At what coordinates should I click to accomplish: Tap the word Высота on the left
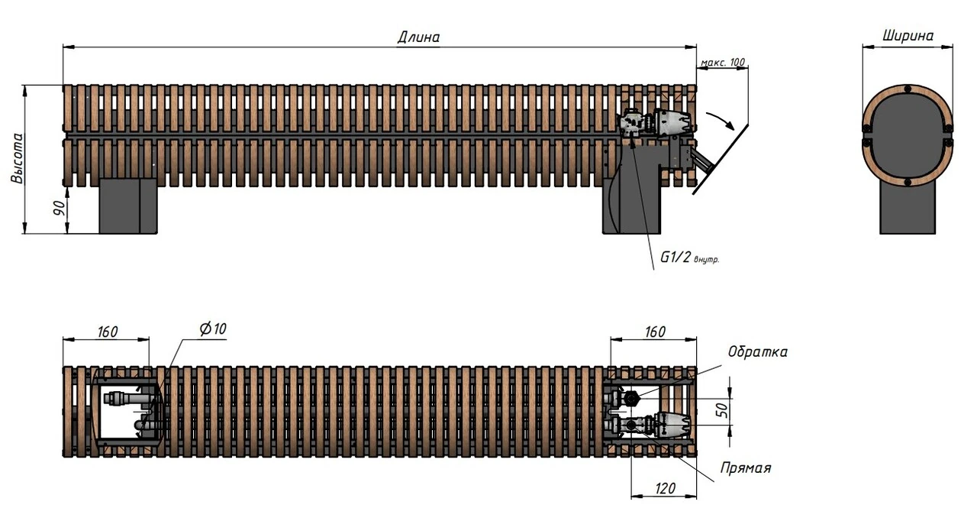[18, 159]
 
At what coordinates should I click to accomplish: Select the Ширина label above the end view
[908, 35]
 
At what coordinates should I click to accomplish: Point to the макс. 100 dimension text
[722, 62]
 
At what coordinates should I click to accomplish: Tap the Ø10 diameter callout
[213, 329]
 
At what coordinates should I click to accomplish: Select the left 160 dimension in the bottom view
[107, 332]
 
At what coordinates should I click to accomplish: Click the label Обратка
[757, 352]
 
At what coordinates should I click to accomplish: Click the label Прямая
[746, 468]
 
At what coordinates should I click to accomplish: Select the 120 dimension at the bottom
[666, 487]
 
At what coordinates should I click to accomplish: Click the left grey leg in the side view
[128, 205]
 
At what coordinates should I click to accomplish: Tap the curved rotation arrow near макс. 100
[721, 120]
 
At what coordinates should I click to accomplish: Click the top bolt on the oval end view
[907, 89]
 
